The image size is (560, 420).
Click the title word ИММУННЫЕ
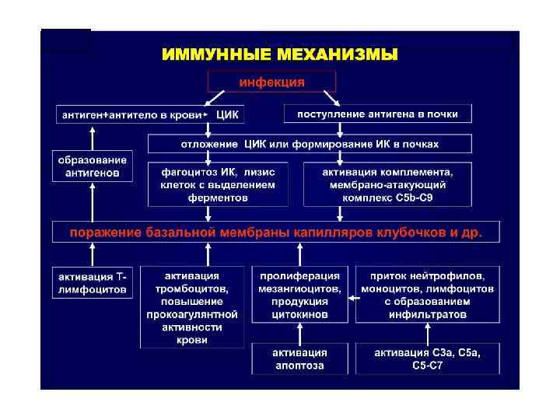209,55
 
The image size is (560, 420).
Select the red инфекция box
271,81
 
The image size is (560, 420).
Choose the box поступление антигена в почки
378,114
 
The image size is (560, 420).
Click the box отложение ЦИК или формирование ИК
310,144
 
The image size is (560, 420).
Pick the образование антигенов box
92,166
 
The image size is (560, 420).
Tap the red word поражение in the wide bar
103,232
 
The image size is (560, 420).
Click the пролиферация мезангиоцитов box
299,295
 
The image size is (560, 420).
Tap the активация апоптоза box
299,359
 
